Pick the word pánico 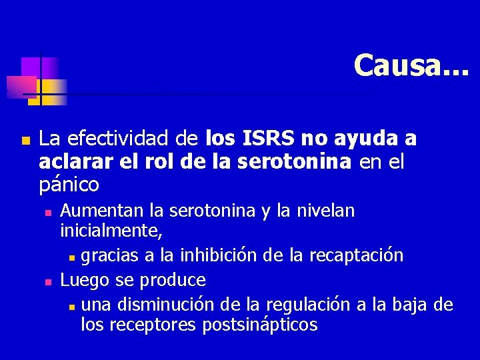click(x=69, y=184)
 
